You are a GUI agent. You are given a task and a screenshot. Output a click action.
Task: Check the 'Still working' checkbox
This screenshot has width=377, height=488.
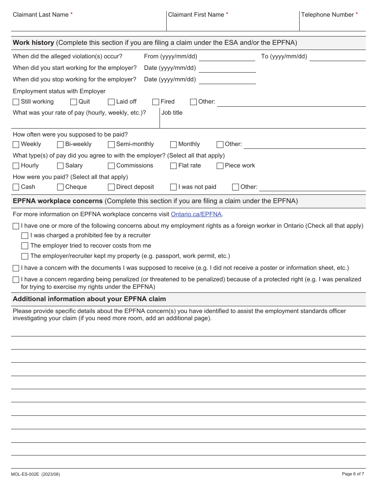coord(16,102)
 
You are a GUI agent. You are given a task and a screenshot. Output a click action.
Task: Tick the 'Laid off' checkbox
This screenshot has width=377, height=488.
coord(111,102)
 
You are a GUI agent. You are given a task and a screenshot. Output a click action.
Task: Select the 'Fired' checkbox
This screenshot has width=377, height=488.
coord(156,102)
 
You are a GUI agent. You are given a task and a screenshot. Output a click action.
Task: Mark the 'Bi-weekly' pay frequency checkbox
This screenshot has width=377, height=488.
coord(60,144)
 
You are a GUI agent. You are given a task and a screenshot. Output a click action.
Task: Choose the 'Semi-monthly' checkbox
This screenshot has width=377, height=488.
coord(111,144)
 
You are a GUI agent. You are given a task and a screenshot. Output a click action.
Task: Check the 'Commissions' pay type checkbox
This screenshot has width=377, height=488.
coord(111,166)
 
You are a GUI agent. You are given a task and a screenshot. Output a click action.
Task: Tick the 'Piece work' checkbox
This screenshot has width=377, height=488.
coord(220,166)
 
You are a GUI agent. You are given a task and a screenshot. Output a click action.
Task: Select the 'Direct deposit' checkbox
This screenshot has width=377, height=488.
coord(111,187)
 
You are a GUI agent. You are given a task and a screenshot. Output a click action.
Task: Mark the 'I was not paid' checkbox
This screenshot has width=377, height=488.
coord(173,187)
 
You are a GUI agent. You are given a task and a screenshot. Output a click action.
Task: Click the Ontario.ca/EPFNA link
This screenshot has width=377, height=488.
coord(196,214)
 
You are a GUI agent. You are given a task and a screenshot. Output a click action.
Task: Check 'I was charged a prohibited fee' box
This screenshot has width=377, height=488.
coord(25,236)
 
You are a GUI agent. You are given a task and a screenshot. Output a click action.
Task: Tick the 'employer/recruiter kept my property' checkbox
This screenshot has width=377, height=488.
coord(25,256)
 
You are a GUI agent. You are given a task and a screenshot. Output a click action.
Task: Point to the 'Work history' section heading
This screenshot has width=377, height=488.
coord(33,43)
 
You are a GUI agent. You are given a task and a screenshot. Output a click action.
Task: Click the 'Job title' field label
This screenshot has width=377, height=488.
coord(172,113)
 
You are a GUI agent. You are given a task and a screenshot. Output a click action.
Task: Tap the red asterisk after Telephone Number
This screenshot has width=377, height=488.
coord(357,14)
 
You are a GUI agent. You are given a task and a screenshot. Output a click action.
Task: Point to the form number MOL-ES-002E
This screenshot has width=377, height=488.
coord(26,474)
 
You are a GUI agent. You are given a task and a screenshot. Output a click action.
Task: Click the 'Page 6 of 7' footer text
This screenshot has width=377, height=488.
coord(353,474)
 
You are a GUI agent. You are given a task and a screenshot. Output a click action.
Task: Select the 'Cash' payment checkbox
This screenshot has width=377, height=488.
coord(16,187)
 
